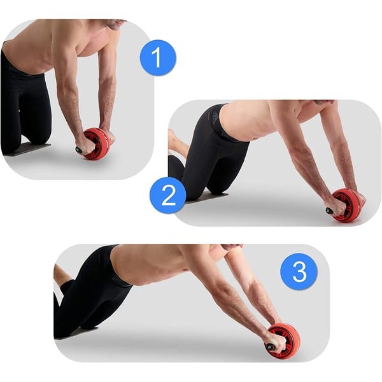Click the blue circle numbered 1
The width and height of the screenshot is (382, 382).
158,58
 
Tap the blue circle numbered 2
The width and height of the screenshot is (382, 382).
168,195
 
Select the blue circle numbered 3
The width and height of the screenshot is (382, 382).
299,271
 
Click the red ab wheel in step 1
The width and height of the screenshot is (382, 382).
97,144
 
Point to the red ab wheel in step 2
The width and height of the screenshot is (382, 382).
347,205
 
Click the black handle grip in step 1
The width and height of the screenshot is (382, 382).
79,150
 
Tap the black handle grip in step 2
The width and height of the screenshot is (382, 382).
329,211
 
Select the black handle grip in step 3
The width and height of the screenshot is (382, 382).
270,347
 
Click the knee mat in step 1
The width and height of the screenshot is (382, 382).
29,148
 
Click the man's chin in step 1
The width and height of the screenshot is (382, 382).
115,26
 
